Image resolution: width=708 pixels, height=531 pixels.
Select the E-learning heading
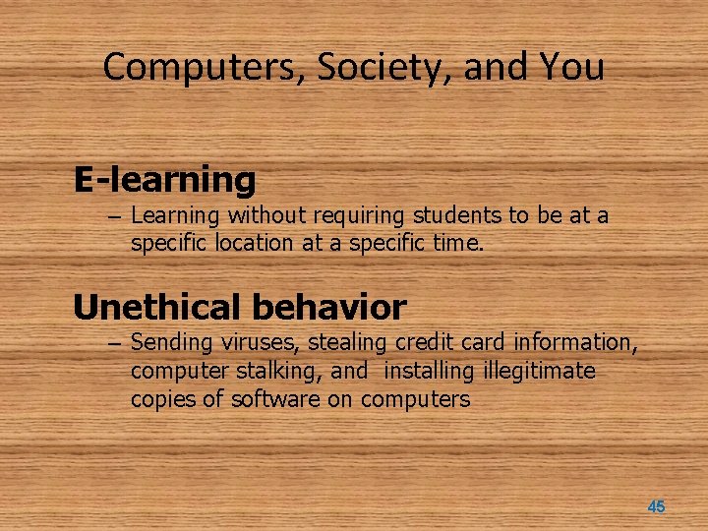tap(164, 180)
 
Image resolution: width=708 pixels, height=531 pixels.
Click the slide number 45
tap(656, 506)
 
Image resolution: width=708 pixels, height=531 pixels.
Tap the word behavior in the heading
tap(328, 308)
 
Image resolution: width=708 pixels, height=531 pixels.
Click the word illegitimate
tap(540, 371)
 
